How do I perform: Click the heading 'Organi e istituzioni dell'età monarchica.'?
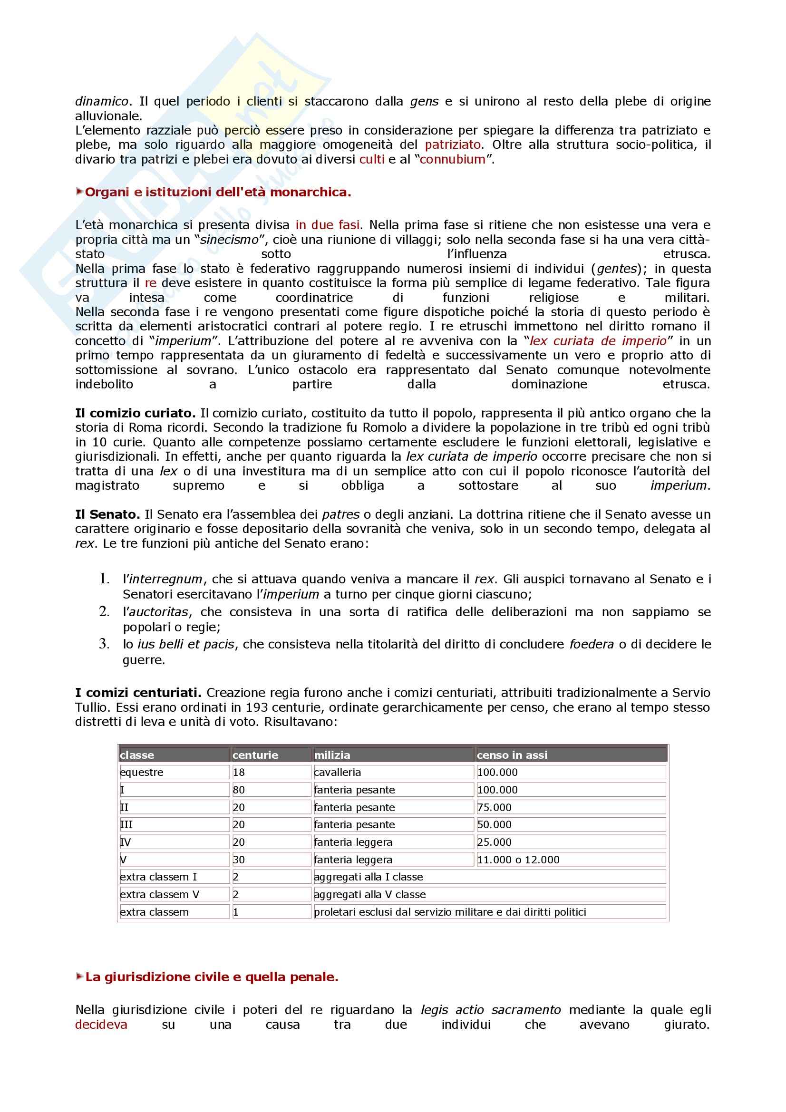[x=218, y=192]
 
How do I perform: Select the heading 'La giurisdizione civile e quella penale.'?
[x=212, y=977]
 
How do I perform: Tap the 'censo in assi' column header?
[x=512, y=754]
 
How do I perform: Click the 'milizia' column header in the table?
[x=332, y=754]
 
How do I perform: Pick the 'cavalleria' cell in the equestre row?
[x=338, y=772]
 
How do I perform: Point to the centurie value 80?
[x=239, y=790]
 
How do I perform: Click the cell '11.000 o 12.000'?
[x=518, y=859]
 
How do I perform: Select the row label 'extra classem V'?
[x=160, y=894]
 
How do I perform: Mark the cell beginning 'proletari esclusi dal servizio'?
[x=450, y=912]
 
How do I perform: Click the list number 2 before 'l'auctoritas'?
[x=104, y=612]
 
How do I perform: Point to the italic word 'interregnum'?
[x=165, y=579]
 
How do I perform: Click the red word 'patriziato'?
[x=453, y=145]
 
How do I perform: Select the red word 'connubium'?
[x=452, y=159]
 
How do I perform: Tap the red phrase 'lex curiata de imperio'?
[x=598, y=341]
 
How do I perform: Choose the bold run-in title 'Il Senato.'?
[x=107, y=514]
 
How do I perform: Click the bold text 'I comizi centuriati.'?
[x=138, y=693]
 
